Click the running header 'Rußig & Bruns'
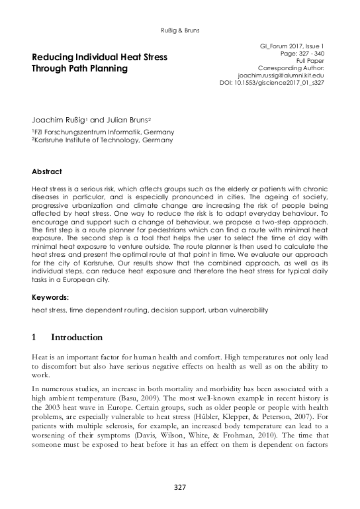pyautogui.click(x=180, y=30)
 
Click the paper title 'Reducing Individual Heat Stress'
pyautogui.click(x=99, y=58)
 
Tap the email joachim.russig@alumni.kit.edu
pyautogui.click(x=281, y=75)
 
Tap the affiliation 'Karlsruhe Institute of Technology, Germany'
pyautogui.click(x=104, y=140)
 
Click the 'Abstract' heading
pyautogui.click(x=47, y=171)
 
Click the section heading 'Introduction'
pyautogui.click(x=77, y=337)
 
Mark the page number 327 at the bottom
pyautogui.click(x=180, y=488)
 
